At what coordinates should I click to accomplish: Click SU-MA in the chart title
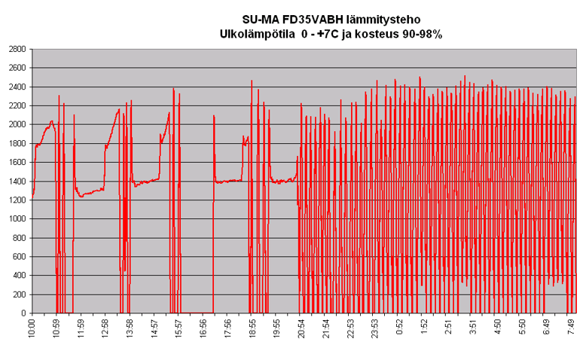259,19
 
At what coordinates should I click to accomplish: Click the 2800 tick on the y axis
16,49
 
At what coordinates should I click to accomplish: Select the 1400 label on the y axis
16,182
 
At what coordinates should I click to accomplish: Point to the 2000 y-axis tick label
16,124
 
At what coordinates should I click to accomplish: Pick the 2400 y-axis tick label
16,87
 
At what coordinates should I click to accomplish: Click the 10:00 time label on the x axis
32,328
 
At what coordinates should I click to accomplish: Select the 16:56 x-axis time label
203,328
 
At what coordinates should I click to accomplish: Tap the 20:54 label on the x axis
301,328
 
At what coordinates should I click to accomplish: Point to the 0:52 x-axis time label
399,327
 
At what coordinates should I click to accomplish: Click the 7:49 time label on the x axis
571,327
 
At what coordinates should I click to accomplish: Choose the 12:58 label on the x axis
105,328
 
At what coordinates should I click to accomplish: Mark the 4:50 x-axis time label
497,327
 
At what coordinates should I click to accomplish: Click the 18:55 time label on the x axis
252,328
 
